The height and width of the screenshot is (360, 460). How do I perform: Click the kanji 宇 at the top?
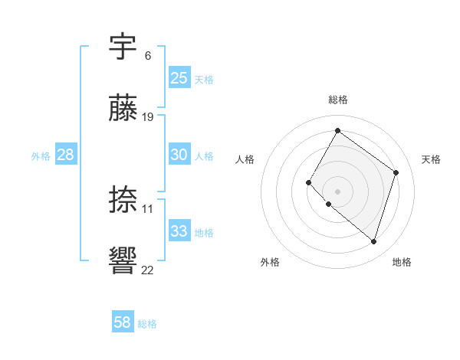pos(123,47)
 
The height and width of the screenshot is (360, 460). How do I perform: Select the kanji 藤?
pos(123,108)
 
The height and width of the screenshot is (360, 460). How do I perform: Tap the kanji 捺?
pos(123,200)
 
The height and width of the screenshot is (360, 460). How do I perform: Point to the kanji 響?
pos(123,261)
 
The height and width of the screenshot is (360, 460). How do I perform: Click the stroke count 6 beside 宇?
pos(147,55)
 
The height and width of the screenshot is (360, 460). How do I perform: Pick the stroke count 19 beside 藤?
pos(148,116)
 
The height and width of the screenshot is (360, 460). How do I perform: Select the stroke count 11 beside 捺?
pos(148,208)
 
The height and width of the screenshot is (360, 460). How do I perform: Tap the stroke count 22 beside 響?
pos(148,270)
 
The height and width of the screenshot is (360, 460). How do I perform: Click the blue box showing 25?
pos(179,77)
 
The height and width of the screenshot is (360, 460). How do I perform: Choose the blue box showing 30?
pos(179,154)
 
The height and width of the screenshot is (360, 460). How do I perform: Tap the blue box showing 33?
pos(179,231)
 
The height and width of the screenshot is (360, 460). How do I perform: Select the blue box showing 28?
pos(65,154)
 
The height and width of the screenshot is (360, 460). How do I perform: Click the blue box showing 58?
pos(122,322)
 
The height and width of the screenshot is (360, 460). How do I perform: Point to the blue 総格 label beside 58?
pos(147,324)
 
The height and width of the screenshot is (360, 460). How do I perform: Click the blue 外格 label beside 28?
pos(41,155)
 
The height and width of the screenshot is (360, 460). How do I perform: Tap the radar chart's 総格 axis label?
pos(337,100)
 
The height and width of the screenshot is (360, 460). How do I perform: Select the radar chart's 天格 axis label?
pos(431,159)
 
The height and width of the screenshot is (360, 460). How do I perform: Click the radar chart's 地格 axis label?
pos(402,262)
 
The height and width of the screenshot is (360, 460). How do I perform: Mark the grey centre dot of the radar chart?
pos(337,191)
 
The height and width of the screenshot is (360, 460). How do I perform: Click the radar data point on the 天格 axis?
pos(396,172)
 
